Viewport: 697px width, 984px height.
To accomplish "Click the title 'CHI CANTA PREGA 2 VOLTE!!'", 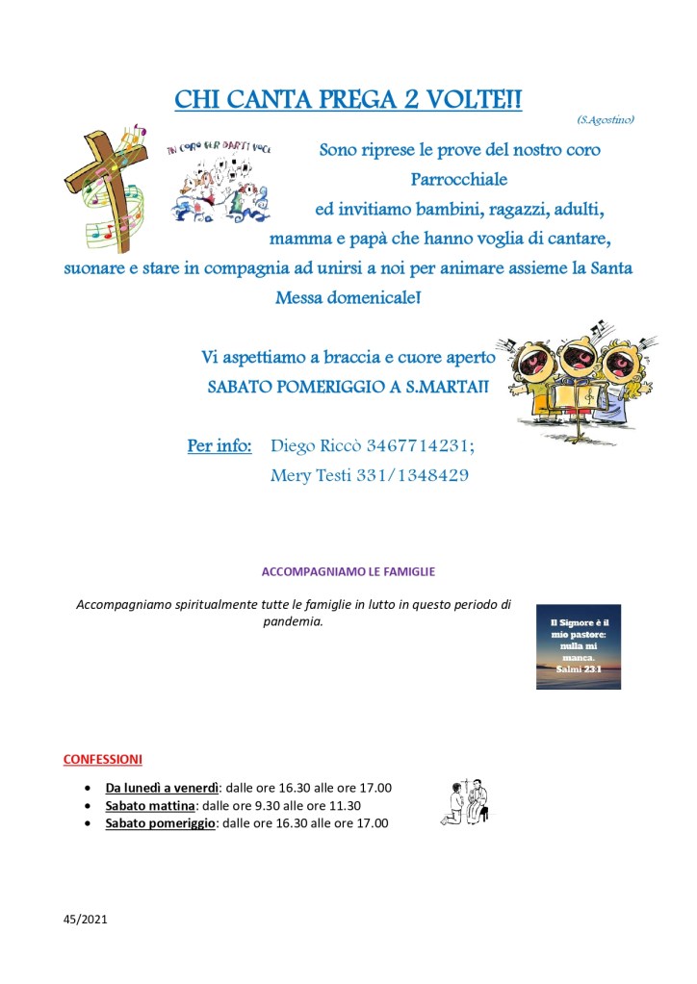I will [348, 99].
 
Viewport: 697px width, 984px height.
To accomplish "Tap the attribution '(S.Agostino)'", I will [606, 119].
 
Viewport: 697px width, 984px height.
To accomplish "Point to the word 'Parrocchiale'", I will [459, 179].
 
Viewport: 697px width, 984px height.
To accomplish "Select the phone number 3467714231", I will [421, 446].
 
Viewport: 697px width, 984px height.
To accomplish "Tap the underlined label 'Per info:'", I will [219, 446].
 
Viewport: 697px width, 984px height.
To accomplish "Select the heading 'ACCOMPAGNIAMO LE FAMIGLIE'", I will [348, 571].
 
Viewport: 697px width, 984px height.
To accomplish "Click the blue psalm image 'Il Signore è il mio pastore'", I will [578, 646].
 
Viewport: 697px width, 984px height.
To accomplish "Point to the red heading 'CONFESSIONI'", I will [102, 759].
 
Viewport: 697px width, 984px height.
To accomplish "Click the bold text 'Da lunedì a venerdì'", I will [163, 788].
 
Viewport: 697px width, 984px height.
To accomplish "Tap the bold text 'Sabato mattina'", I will [150, 805].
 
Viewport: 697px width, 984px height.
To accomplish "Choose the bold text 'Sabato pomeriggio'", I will [161, 823].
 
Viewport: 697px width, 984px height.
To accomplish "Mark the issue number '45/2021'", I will [85, 920].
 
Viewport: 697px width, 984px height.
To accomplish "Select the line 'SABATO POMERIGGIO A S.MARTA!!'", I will [348, 387].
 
